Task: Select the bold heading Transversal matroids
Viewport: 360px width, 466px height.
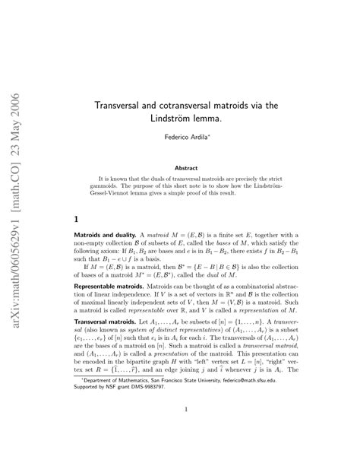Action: point(109,344)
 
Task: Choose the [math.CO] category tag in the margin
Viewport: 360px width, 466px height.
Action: point(13,159)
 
